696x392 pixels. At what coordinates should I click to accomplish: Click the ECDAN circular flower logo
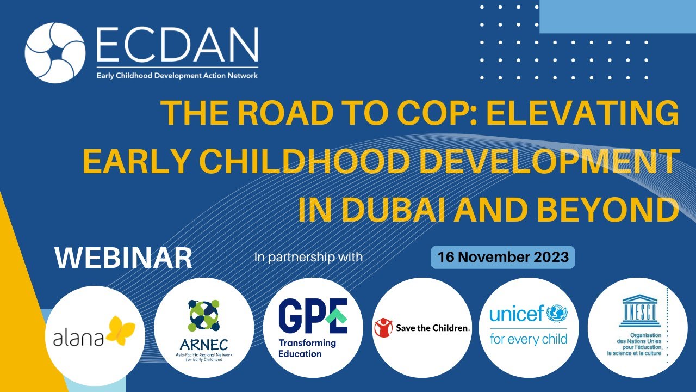55,53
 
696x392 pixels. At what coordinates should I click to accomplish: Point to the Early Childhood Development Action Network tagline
177,76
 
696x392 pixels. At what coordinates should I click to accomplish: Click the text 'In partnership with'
308,257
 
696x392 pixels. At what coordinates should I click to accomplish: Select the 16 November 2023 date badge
503,257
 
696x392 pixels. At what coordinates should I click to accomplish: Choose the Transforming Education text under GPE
307,348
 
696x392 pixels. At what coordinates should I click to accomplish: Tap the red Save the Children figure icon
384,328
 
